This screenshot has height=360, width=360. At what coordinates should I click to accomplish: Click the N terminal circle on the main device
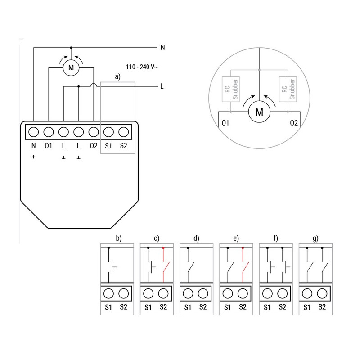[34, 132]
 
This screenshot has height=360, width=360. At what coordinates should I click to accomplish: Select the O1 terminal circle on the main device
[49, 132]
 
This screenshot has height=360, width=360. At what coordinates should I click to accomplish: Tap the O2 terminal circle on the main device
[94, 132]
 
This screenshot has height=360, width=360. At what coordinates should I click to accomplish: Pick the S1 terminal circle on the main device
[108, 132]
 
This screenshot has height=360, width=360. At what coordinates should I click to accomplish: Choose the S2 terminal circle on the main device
[123, 132]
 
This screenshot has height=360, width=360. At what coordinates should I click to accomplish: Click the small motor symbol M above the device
[70, 68]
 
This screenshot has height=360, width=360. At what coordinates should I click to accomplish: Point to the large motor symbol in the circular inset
[259, 112]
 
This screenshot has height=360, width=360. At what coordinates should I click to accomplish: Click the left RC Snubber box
[230, 88]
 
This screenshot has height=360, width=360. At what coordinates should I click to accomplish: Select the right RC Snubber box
[288, 88]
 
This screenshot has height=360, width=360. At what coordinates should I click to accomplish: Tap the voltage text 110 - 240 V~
[142, 67]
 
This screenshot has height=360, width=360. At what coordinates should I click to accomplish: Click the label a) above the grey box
[118, 77]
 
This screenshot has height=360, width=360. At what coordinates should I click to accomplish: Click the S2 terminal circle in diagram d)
[202, 293]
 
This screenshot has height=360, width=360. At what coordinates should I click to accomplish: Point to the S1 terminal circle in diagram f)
[267, 293]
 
